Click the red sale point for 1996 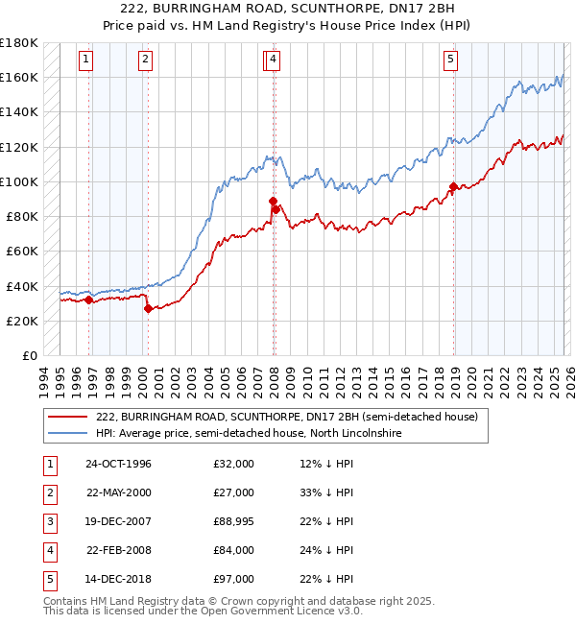pos(89,300)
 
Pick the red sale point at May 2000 pos(148,308)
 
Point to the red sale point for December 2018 pos(453,186)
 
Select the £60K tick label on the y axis pos(21,251)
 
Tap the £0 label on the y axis pos(30,355)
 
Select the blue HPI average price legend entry pos(248,434)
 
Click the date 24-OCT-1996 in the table pos(118,465)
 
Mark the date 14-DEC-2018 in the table pos(118,579)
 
